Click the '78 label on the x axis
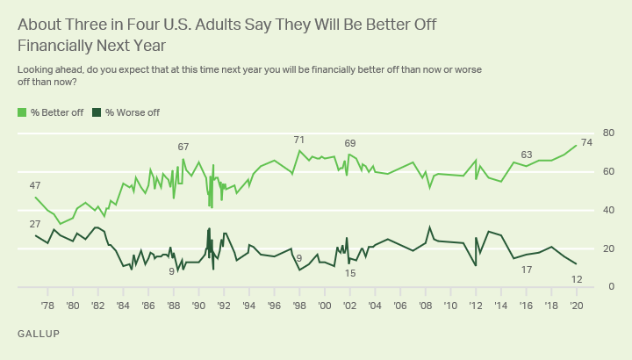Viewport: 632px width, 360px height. coord(47,306)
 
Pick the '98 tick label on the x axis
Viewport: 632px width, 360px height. coord(299,306)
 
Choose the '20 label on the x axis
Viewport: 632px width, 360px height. coord(577,306)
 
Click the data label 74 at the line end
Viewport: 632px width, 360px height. coord(586,143)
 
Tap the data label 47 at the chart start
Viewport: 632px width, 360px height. coord(35,185)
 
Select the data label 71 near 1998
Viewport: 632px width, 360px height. coord(299,140)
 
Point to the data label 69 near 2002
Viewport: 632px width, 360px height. coord(350,143)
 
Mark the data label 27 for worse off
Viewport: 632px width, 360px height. coord(35,225)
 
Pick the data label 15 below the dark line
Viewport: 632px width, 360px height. coord(350,273)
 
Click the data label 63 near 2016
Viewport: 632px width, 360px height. coord(527,155)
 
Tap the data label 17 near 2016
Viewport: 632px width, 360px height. coord(527,270)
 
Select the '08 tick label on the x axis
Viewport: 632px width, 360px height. coord(426,306)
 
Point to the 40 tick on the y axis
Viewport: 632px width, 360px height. coord(607,211)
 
